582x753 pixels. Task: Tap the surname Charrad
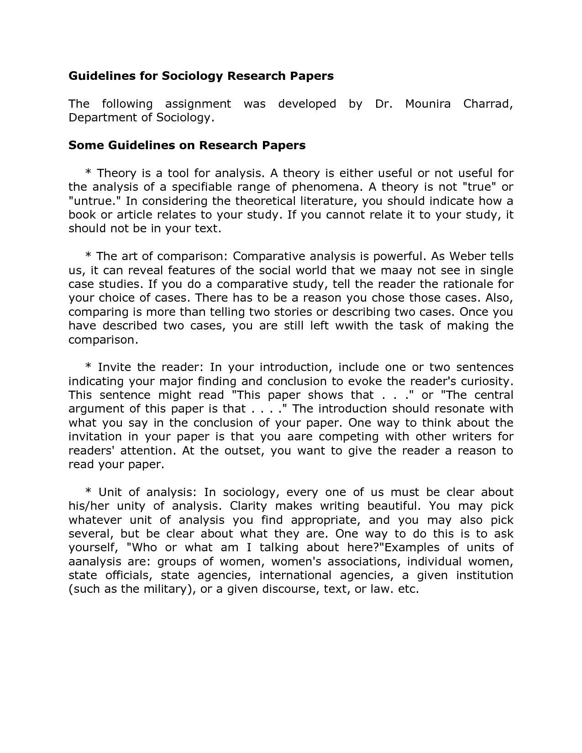[488, 104]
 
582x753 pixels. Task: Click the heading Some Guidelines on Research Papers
[187, 146]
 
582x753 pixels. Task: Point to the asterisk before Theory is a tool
[89, 173]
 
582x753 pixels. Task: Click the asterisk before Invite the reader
[89, 366]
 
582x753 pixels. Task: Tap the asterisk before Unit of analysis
[89, 492]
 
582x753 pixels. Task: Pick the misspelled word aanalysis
[95, 562]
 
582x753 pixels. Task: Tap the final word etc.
[408, 589]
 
